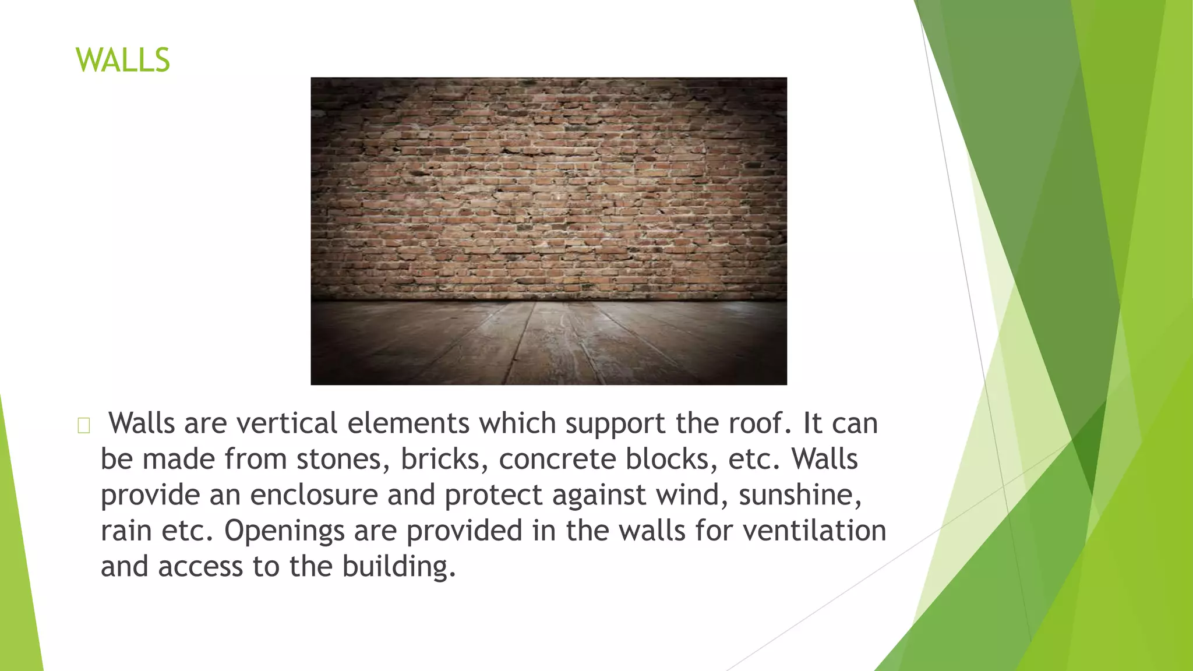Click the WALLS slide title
click(x=122, y=60)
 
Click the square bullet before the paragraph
click(x=83, y=426)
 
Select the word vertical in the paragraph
click(x=287, y=423)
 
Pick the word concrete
click(x=557, y=459)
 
